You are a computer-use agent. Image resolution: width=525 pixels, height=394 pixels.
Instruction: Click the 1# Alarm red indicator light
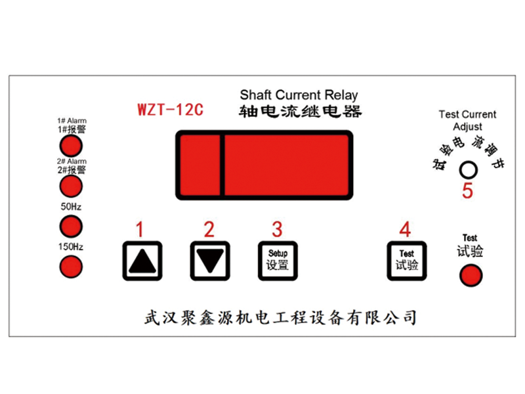coord(71,146)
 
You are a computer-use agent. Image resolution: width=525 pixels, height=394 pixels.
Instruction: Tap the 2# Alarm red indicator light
coord(71,186)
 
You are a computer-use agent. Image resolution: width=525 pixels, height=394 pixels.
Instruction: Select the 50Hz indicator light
coord(71,227)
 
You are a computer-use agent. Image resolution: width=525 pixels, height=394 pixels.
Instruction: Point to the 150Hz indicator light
coord(71,267)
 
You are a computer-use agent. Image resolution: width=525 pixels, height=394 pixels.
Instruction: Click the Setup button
coord(278,261)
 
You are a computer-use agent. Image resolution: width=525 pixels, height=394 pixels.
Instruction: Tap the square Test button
coord(406,261)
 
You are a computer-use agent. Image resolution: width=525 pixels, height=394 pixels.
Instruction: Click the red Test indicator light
coord(471,275)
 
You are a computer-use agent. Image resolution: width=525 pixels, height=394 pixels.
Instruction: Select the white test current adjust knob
coord(468,170)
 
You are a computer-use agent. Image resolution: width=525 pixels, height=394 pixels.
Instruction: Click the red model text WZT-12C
coord(171,110)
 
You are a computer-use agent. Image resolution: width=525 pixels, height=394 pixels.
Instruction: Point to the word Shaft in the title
coord(255,95)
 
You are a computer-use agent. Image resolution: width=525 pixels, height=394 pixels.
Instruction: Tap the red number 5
coord(467,191)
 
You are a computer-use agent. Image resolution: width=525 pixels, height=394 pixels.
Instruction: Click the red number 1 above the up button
coord(140,229)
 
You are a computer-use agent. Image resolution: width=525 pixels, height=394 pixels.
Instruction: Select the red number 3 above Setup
coord(277,229)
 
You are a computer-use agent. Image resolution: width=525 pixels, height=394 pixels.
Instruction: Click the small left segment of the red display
coord(200,165)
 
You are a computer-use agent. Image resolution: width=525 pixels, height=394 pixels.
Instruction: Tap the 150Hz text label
coord(71,247)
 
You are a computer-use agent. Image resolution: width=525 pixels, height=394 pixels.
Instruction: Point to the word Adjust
coord(467,127)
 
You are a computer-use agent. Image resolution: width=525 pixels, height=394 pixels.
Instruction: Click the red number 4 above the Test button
coord(405,229)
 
